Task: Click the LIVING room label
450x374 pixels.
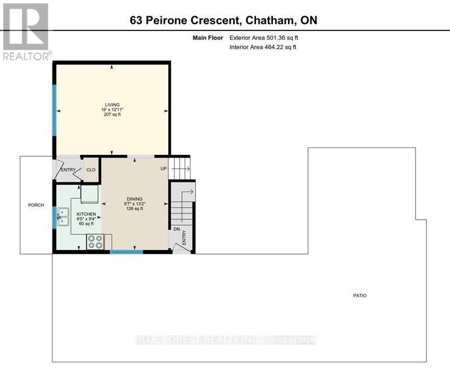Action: pos(112,105)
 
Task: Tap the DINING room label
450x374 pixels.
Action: pos(135,199)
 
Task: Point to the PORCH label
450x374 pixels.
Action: pos(36,205)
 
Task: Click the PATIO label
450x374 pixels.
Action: pos(360,296)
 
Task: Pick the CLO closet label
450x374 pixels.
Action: pos(91,170)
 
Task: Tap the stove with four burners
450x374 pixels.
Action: pos(95,242)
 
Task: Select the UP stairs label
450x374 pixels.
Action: pos(164,169)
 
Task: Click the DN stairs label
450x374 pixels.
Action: pos(176,229)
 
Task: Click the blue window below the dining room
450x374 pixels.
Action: pos(126,252)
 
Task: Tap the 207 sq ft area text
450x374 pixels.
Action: pos(112,115)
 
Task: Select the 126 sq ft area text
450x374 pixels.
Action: pos(135,209)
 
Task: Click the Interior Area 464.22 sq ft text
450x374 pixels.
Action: pos(263,47)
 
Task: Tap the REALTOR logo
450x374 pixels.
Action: pos(26,30)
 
